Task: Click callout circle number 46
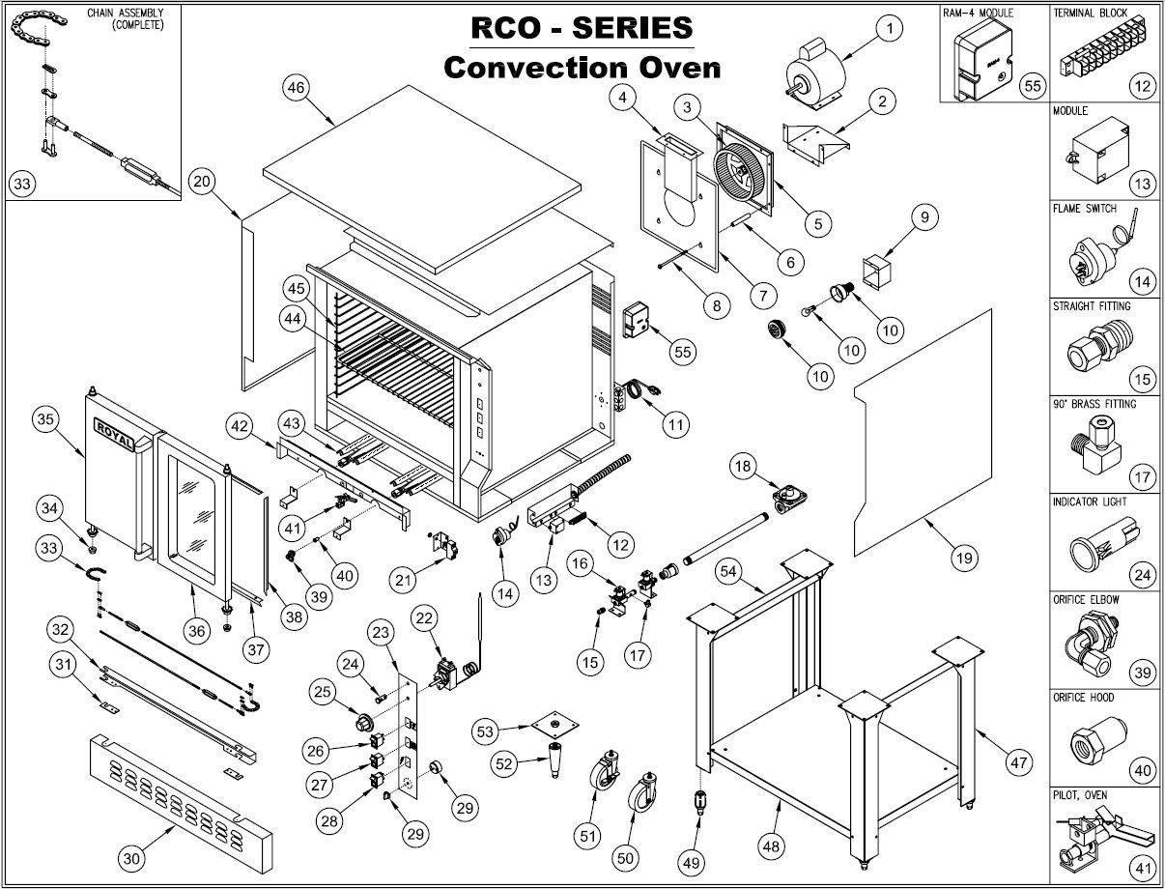pos(296,87)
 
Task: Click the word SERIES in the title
pos(633,27)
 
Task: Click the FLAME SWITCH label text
pos(1085,209)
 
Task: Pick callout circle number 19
pos(963,557)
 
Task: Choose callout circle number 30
pos(132,856)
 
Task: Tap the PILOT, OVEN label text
pos(1080,795)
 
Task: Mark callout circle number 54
pos(729,572)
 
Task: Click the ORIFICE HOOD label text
pos(1083,697)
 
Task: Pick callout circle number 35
pos(45,419)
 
